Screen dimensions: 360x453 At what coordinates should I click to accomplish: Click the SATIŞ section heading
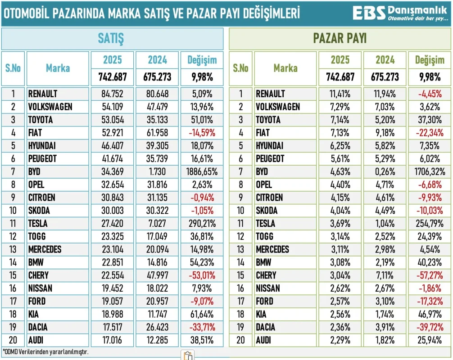coord(111,39)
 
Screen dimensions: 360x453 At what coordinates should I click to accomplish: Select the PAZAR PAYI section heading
coord(340,39)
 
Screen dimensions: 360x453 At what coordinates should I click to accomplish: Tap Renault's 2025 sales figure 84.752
coord(112,94)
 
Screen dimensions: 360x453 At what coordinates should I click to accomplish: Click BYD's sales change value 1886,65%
coord(202,171)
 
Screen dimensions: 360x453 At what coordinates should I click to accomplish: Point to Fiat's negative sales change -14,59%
coord(202,133)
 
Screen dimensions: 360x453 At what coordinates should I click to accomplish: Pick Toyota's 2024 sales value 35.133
coord(157,120)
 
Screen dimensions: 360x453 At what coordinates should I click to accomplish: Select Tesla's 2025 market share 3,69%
coord(340,224)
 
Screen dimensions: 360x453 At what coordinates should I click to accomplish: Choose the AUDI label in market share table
coord(264,341)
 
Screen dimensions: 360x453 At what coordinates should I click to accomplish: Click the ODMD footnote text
coord(45,351)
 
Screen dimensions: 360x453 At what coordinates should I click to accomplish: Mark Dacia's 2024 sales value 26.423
coord(157,327)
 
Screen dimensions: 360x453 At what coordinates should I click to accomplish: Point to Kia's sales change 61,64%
coord(202,315)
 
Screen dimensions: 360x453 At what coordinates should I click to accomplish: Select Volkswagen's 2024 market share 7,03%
coord(385,107)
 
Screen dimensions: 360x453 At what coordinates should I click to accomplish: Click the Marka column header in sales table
coord(58,68)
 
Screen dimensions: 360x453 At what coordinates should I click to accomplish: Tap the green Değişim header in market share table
coord(429,60)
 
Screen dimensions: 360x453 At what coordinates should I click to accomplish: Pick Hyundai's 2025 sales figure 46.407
coord(112,146)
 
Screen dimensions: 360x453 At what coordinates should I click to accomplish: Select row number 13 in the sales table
coord(13,250)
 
